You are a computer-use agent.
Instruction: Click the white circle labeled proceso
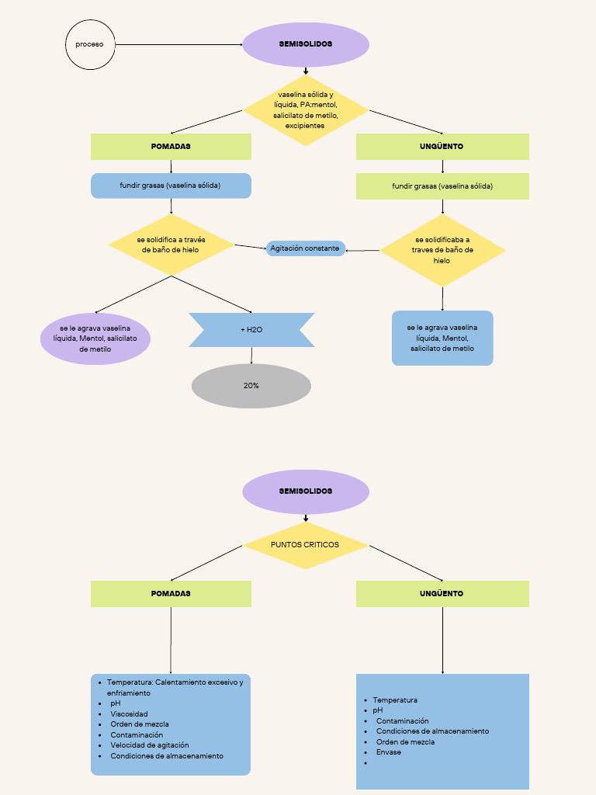click(x=89, y=44)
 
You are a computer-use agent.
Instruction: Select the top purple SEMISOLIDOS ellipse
click(x=306, y=44)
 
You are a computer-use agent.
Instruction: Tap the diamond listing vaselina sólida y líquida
click(x=306, y=109)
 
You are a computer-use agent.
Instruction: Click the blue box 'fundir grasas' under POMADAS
click(x=171, y=186)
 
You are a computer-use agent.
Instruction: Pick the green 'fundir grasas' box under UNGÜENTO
click(x=442, y=186)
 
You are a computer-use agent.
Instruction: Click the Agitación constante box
click(x=305, y=248)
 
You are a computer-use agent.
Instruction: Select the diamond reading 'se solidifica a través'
click(x=171, y=245)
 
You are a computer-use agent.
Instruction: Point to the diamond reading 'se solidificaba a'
click(x=442, y=250)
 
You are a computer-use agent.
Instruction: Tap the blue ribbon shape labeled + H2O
click(x=251, y=330)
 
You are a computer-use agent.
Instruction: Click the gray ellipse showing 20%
click(x=251, y=385)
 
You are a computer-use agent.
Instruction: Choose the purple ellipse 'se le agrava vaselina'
click(x=95, y=338)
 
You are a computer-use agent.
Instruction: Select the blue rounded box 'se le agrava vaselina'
click(x=442, y=338)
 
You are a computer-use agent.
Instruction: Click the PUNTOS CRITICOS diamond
click(x=305, y=545)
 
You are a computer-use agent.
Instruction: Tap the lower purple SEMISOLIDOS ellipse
click(x=306, y=491)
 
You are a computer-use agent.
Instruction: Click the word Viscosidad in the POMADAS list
click(x=129, y=713)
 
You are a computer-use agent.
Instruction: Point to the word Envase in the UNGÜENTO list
click(x=389, y=752)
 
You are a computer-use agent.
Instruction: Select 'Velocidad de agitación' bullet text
click(x=150, y=745)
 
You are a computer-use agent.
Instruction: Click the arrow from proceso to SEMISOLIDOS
click(x=178, y=44)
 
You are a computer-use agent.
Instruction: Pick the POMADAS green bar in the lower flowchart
click(x=171, y=593)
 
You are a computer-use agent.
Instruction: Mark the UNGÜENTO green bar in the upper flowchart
click(x=442, y=146)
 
